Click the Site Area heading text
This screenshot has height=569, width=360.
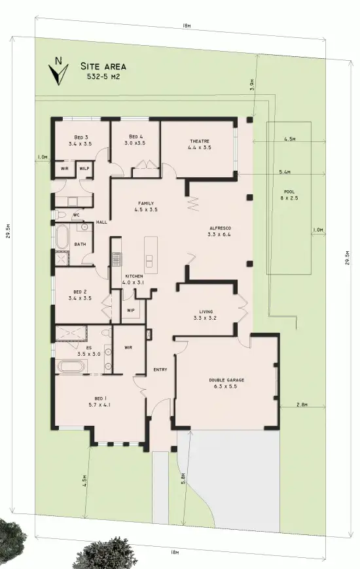tap(103, 67)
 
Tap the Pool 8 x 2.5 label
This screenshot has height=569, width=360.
tap(289, 195)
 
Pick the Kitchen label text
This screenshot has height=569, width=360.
tap(134, 277)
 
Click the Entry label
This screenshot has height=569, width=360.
tap(160, 370)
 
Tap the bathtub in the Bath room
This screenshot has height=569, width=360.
tap(61, 236)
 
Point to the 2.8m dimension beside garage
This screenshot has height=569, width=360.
tap(302, 405)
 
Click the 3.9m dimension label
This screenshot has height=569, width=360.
tap(253, 85)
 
